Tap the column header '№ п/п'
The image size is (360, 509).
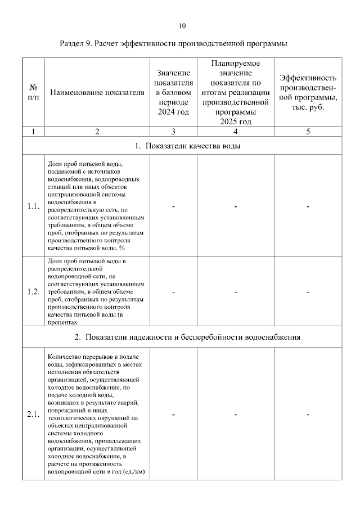(33, 93)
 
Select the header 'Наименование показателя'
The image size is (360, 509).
(97, 93)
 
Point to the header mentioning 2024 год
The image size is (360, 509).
(173, 93)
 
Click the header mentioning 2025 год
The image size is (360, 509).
(235, 93)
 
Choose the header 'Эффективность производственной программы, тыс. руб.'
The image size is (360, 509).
(308, 93)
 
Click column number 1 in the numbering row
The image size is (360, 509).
(33, 132)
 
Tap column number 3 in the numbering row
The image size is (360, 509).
(173, 132)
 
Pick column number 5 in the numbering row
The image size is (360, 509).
(308, 132)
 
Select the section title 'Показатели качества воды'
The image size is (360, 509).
(188, 146)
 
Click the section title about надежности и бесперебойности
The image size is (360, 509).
(188, 337)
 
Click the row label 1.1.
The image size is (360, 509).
(33, 206)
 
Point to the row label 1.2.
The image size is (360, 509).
(33, 292)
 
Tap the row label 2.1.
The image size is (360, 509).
(33, 415)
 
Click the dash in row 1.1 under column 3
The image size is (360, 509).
(173, 206)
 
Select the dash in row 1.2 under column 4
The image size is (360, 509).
(235, 292)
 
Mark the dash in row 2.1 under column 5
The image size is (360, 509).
(308, 415)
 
